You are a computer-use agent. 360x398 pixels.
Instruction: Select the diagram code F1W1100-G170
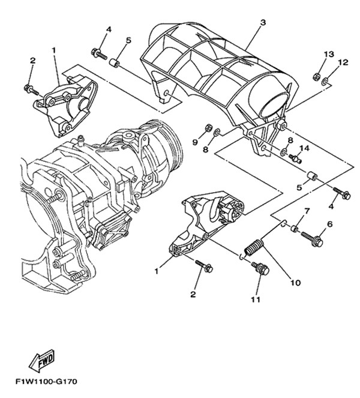(46, 382)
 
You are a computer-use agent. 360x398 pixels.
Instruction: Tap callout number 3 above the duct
(263, 22)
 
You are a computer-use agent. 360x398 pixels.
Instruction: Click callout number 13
(329, 54)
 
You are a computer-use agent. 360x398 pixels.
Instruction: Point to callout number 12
(343, 62)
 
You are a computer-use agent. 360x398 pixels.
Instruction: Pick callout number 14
(305, 148)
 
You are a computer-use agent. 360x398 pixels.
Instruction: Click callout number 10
(296, 283)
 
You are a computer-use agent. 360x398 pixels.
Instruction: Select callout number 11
(256, 300)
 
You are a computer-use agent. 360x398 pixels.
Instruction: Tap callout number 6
(330, 224)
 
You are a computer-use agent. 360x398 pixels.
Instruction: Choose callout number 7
(307, 211)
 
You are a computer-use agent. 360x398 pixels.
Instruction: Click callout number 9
(195, 142)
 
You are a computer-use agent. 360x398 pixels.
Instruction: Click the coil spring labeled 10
(254, 248)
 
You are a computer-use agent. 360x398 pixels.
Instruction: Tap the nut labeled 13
(316, 76)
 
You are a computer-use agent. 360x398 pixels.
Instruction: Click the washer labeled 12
(325, 82)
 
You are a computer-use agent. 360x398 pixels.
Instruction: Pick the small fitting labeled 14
(296, 158)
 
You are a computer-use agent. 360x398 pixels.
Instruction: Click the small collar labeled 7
(294, 228)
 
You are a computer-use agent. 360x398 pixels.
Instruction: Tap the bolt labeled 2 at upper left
(31, 89)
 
